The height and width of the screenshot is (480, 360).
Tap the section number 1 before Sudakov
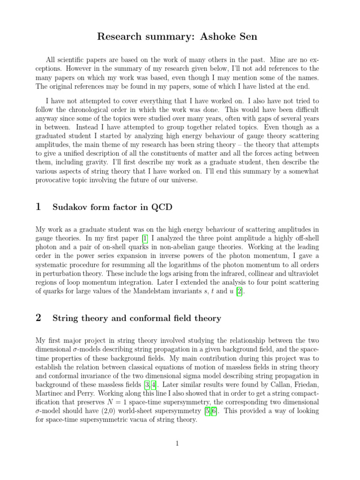pyautogui.click(x=38, y=206)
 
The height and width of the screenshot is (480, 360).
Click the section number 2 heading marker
pyautogui.click(x=38, y=318)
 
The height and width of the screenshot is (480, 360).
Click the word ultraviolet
pyautogui.click(x=303, y=274)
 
